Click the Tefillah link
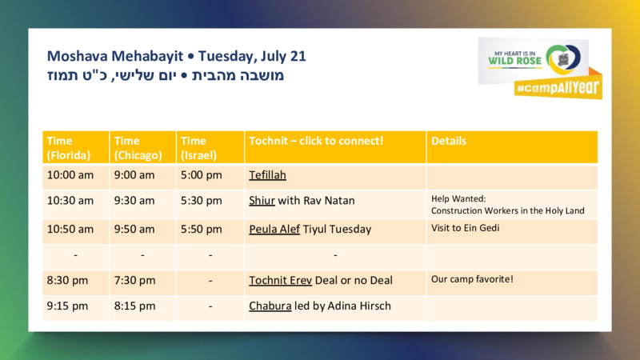coord(267,175)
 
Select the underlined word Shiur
coord(262,201)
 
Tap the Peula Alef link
coord(274,230)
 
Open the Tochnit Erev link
coord(281,281)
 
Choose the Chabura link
coord(270,306)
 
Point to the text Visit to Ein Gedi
coord(466,228)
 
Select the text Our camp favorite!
coord(472,279)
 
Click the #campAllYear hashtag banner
coord(558,87)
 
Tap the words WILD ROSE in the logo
coord(514,62)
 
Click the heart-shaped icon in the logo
coord(563,59)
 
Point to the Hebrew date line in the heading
coord(166,75)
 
